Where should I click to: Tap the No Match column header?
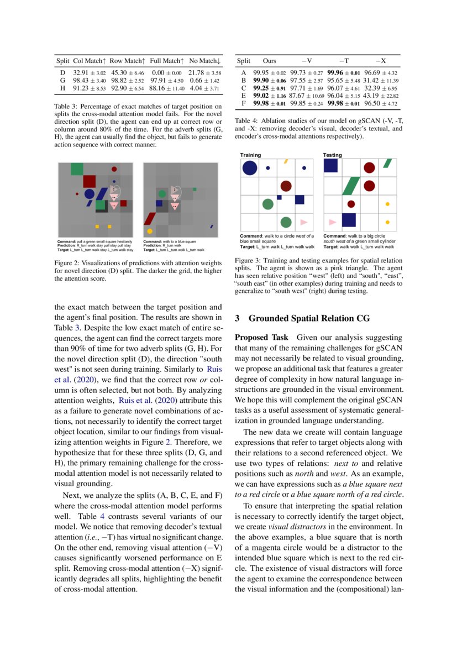[204, 60]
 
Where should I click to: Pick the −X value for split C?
[382, 88]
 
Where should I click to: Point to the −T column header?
[343, 61]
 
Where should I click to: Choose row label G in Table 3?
[62, 80]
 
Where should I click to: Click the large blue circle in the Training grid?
[250, 168]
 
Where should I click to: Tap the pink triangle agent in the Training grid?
[303, 222]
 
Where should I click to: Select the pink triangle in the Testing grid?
[332, 222]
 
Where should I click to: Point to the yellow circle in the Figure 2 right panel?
[150, 231]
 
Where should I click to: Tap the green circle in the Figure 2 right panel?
[162, 194]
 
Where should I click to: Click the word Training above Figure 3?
[250, 155]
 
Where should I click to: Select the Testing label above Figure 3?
[333, 155]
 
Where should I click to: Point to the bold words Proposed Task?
[261, 337]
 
